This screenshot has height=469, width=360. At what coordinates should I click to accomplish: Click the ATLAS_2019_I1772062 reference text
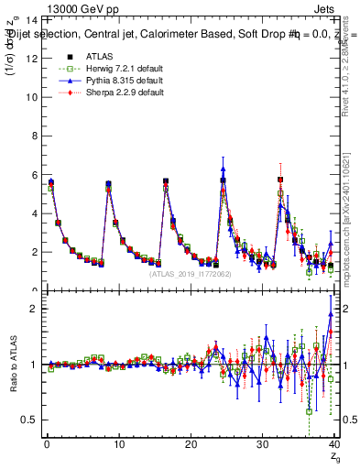coord(190,273)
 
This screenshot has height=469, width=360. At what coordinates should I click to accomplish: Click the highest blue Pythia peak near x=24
coord(224,169)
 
